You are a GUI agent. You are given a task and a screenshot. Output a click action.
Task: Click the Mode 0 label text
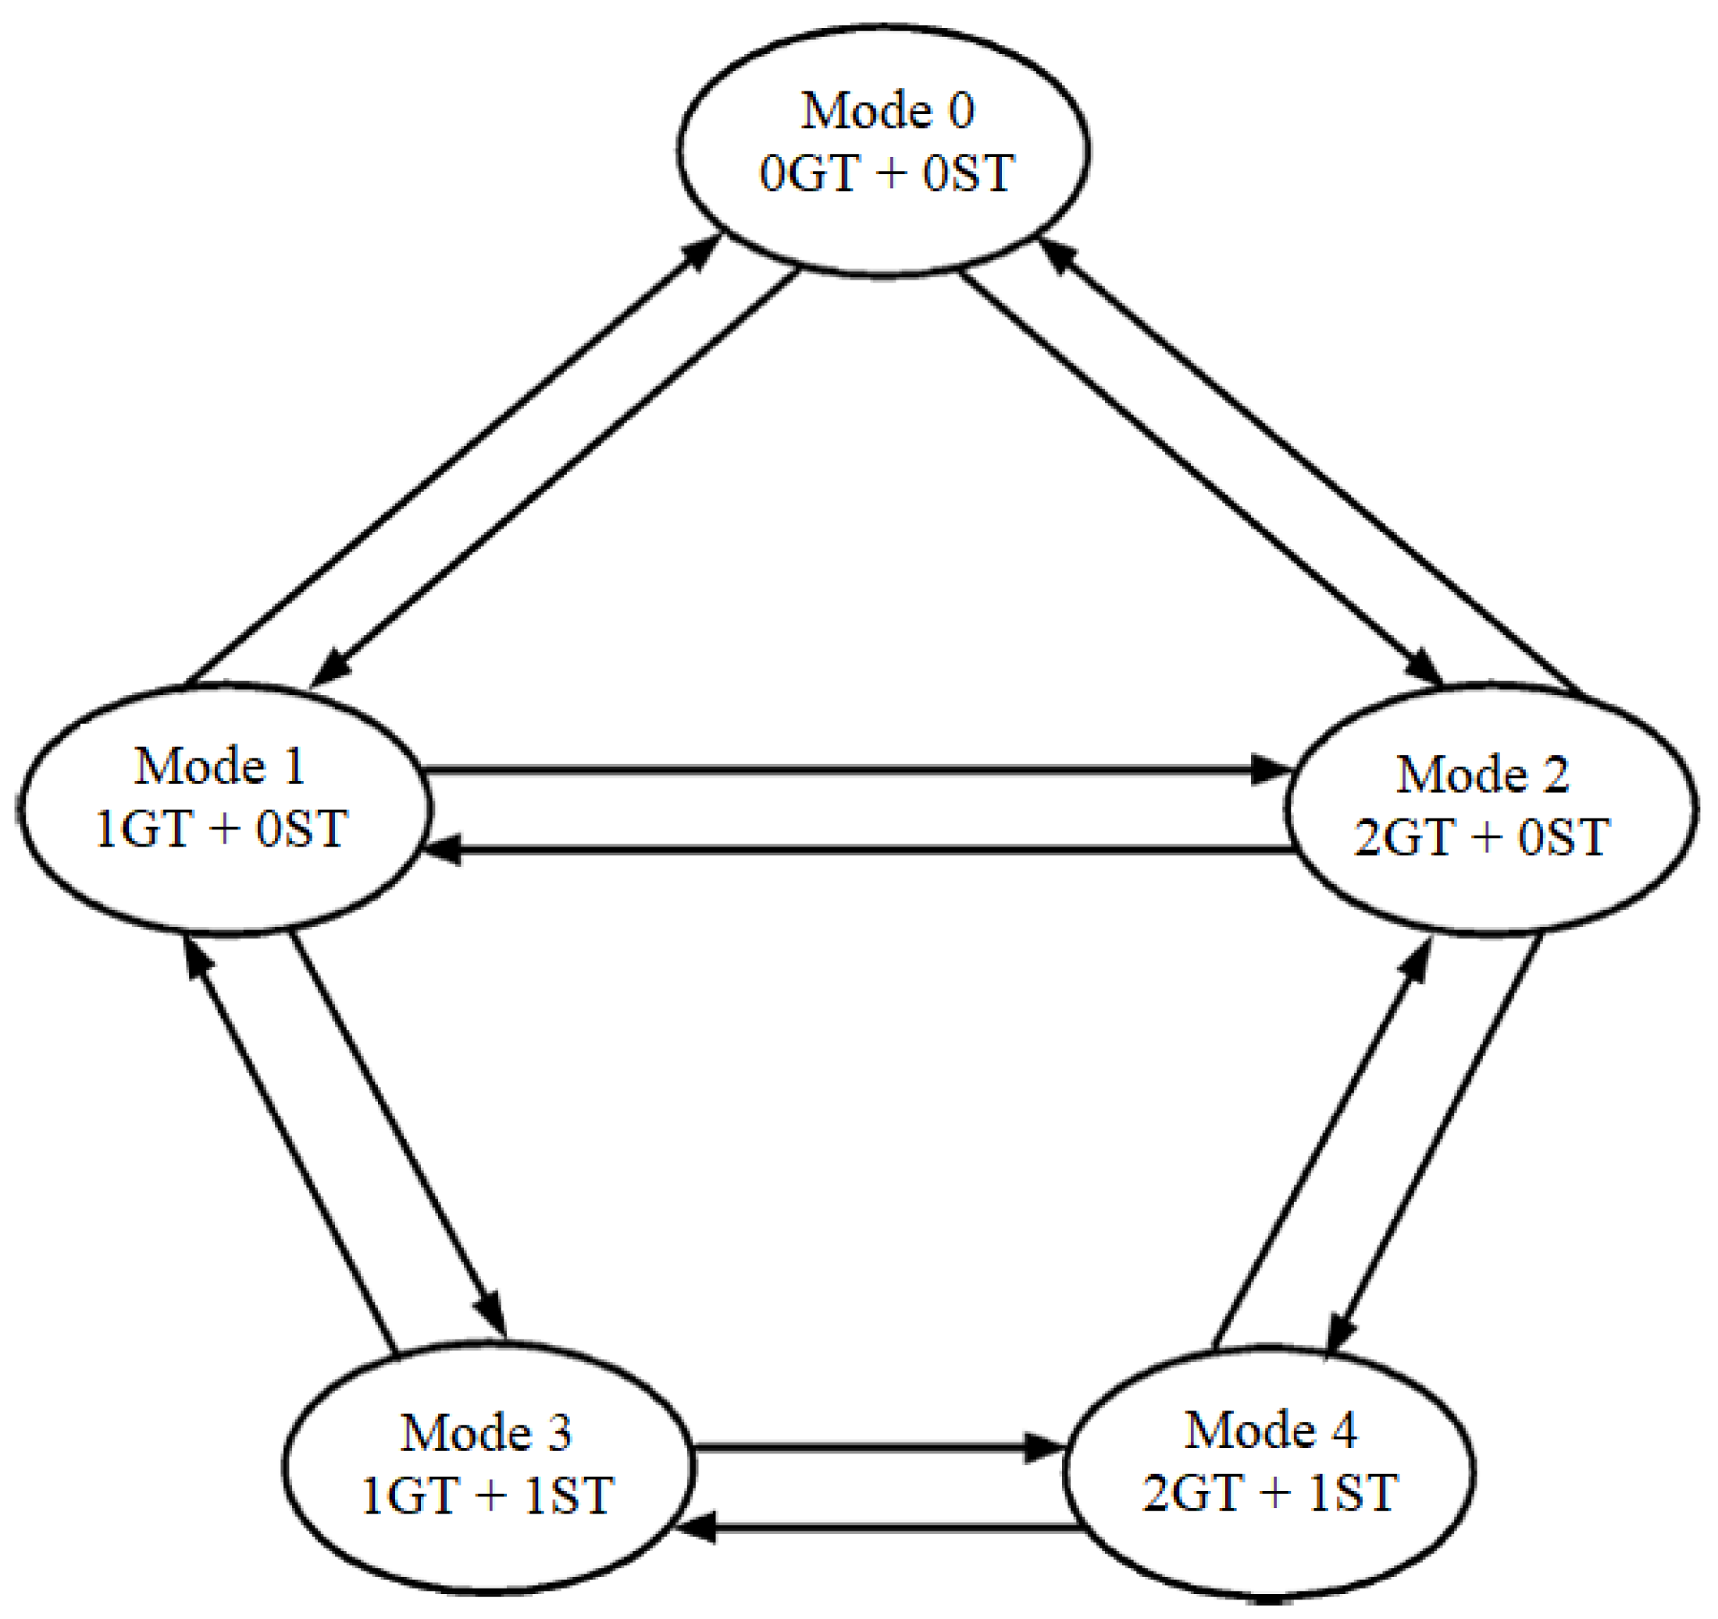pyautogui.click(x=888, y=111)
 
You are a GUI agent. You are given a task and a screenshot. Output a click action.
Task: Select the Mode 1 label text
pyautogui.click(x=219, y=767)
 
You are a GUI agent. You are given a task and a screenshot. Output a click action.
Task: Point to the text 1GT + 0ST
pyautogui.click(x=221, y=829)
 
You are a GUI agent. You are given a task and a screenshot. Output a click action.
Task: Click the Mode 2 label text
pyautogui.click(x=1483, y=774)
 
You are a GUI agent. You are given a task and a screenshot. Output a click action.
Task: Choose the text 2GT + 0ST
pyautogui.click(x=1482, y=836)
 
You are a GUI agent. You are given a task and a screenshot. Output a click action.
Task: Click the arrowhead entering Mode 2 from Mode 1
pyautogui.click(x=1272, y=769)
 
